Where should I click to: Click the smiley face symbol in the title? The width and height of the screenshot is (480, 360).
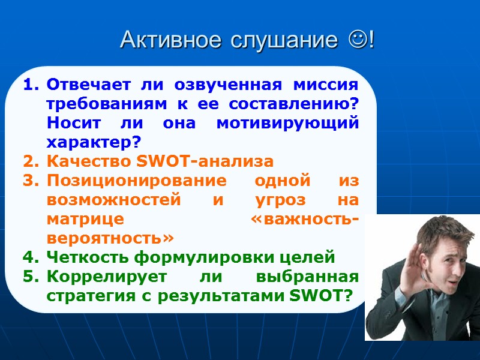[x=359, y=40]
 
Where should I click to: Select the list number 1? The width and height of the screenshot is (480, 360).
[x=30, y=85]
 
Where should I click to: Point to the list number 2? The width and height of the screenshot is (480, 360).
[x=30, y=161]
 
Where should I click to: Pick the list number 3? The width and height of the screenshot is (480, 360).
[x=30, y=181]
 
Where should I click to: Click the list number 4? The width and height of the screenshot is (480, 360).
[x=30, y=258]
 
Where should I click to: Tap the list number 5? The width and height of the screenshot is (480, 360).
[x=30, y=277]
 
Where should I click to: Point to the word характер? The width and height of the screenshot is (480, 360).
[x=93, y=142]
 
